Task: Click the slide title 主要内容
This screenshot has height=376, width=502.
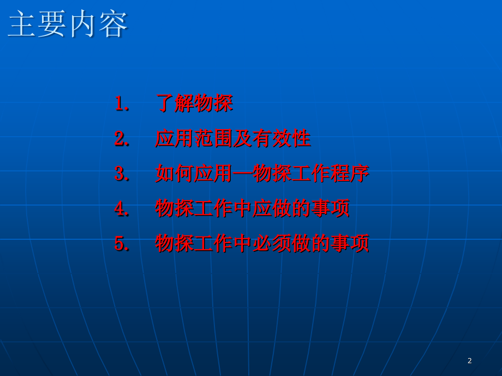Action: tap(68, 25)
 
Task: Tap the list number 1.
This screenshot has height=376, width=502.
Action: tap(121, 104)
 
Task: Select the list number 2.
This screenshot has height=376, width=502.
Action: tap(121, 138)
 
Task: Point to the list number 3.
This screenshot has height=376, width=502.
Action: tap(121, 173)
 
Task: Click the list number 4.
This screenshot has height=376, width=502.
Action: tap(121, 208)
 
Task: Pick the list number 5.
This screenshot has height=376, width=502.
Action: tap(121, 243)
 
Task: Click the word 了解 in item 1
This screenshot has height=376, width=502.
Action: tap(175, 104)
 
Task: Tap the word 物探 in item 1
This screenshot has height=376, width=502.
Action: tap(213, 104)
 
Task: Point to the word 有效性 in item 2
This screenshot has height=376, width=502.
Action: tap(282, 138)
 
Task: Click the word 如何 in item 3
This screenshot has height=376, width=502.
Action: tap(175, 173)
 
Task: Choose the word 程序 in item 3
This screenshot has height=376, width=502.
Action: tap(349, 173)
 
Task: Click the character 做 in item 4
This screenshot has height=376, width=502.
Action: tap(282, 208)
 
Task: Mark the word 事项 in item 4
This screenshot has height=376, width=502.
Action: tap(330, 208)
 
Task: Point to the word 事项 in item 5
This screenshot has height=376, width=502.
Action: tap(349, 243)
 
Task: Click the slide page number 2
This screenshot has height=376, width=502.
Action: tap(470, 361)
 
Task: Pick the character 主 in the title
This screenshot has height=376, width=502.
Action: tap(22, 25)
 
